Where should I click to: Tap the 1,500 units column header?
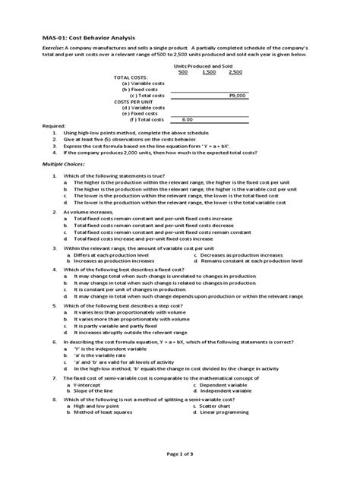tap(209, 72)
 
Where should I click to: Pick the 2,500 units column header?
tap(235, 72)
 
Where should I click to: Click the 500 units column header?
tap(183, 72)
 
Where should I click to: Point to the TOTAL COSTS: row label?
tap(131, 78)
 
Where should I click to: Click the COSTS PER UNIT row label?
tap(133, 102)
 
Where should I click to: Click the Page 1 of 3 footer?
tap(179, 453)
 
